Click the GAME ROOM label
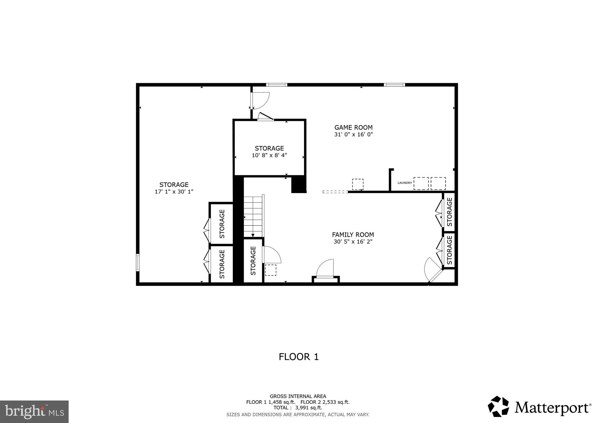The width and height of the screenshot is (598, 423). pyautogui.click(x=353, y=127)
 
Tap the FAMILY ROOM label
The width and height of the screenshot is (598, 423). pyautogui.click(x=353, y=235)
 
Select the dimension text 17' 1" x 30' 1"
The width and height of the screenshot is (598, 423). pyautogui.click(x=174, y=192)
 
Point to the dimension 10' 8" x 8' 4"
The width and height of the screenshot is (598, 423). pyautogui.click(x=269, y=155)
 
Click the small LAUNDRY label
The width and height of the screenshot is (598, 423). pyautogui.click(x=405, y=183)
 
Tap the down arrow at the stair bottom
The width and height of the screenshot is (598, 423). pyautogui.click(x=253, y=235)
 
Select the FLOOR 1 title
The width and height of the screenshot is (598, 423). pyautogui.click(x=298, y=357)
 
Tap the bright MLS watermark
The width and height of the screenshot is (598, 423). pyautogui.click(x=34, y=412)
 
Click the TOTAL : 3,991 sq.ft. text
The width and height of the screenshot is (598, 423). pyautogui.click(x=298, y=408)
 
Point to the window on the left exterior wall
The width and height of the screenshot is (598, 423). pyautogui.click(x=138, y=262)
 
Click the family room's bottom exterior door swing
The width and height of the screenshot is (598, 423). pyautogui.click(x=326, y=268)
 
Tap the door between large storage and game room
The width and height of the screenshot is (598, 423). pyautogui.click(x=260, y=101)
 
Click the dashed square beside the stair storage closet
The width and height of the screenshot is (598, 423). pyautogui.click(x=270, y=270)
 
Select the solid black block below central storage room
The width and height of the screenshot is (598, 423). pyautogui.click(x=299, y=185)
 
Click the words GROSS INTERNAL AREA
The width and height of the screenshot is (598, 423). pyautogui.click(x=298, y=396)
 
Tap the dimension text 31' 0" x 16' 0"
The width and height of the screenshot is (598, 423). pyautogui.click(x=353, y=135)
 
